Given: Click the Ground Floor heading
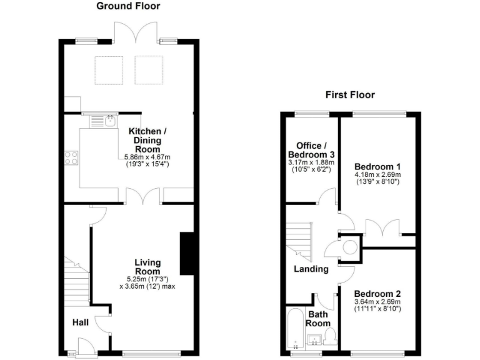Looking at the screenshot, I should [128, 6].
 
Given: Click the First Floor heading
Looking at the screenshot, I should [349, 95].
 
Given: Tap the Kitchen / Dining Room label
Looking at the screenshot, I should [147, 136].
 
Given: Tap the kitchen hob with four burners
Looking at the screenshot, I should [71, 157].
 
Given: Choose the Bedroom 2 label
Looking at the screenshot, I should [377, 293].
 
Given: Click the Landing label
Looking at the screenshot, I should [311, 269].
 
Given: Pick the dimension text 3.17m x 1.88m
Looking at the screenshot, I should [311, 162].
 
